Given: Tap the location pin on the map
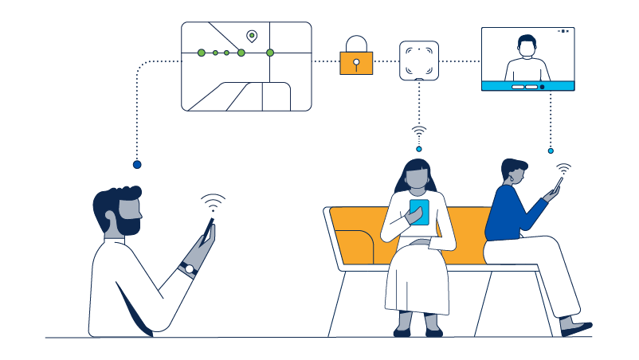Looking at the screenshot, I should (x=252, y=35).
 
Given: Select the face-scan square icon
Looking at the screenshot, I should (x=418, y=59).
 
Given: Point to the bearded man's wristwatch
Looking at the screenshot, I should (x=190, y=268).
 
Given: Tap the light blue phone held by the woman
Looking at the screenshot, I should (x=419, y=212).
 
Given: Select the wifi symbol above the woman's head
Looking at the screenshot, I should (x=419, y=131).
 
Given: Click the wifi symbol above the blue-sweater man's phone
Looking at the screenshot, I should (x=563, y=169).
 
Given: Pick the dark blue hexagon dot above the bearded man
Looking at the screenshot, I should (x=137, y=164).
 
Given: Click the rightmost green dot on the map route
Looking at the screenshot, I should (x=270, y=53).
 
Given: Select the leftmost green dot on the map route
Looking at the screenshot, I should (x=201, y=53).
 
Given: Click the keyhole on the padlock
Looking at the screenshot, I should (x=356, y=64).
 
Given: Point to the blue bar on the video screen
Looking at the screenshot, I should (x=527, y=86).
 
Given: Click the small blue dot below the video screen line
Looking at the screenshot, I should (x=551, y=150).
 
